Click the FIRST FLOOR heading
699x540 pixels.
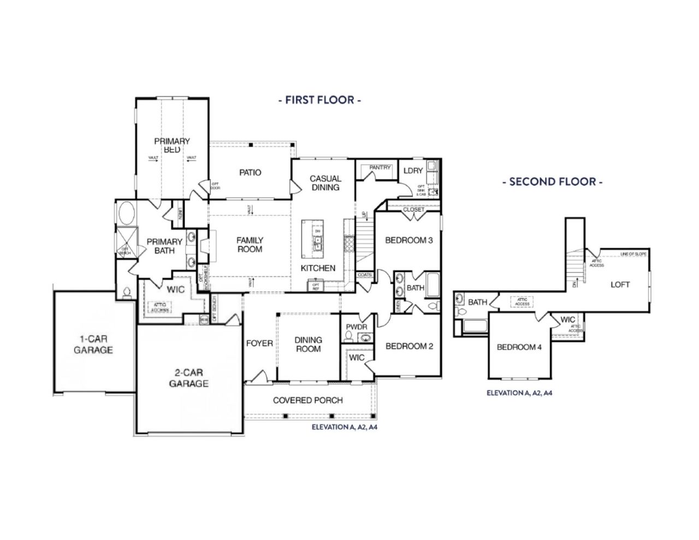(319, 100)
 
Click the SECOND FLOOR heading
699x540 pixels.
(552, 181)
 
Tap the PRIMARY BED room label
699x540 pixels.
(171, 145)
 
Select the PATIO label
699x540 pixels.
(250, 173)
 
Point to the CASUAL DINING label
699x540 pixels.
(325, 183)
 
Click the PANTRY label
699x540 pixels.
(380, 168)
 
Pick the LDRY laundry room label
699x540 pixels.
(413, 171)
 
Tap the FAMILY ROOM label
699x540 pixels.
(250, 245)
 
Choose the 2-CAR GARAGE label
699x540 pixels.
(188, 378)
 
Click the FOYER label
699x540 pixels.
(259, 343)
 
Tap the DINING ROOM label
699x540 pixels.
(308, 344)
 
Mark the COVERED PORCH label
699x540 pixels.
(308, 400)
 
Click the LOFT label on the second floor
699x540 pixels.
(620, 284)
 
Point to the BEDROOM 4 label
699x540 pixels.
(519, 347)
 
